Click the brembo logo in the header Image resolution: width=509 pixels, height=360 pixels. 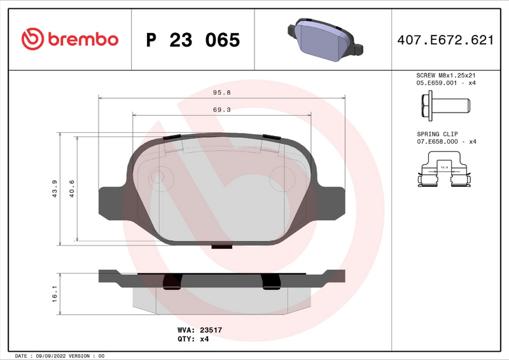70,39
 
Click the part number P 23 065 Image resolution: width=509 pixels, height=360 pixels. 193,40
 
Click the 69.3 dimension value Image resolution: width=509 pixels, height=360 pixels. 221,109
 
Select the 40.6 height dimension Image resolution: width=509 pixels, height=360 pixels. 72,189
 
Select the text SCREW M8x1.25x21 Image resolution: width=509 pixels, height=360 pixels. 446,75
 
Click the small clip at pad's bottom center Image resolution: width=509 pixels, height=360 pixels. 221,247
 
